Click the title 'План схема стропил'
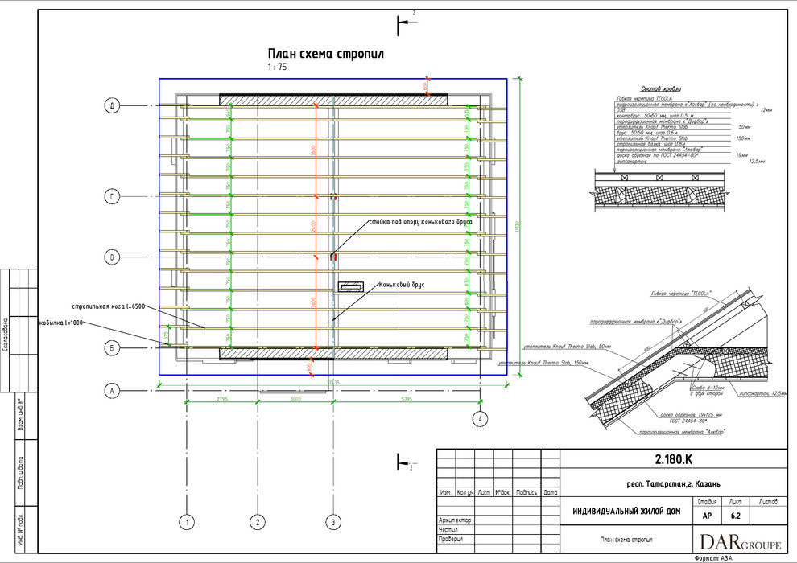coord(326,54)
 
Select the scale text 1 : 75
coord(279,68)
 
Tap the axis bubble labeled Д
coord(114,105)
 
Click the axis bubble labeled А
coord(114,391)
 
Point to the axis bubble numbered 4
coord(480,418)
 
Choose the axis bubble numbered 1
coord(188,522)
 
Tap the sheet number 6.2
coord(735,516)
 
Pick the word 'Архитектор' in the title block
coord(455,520)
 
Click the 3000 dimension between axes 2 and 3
coord(295,399)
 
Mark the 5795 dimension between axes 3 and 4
coord(407,399)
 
